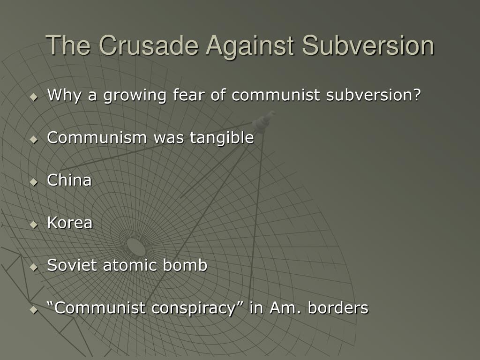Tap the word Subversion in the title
pyautogui.click(x=368, y=46)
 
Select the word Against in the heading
pyautogui.click(x=251, y=46)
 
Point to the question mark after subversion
pyautogui.click(x=417, y=96)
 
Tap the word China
pyautogui.click(x=69, y=180)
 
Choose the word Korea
pyautogui.click(x=70, y=223)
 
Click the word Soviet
pyautogui.click(x=73, y=265)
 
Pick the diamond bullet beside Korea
pyautogui.click(x=33, y=224)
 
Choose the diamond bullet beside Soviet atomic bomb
pyautogui.click(x=33, y=267)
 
